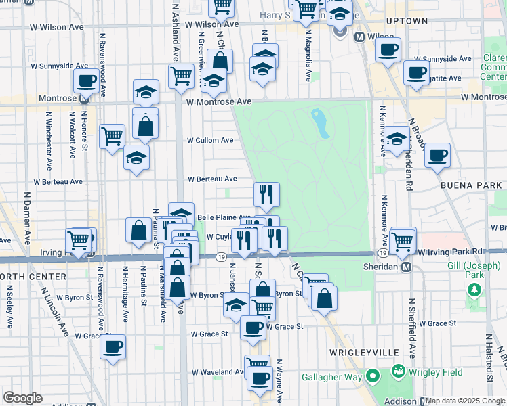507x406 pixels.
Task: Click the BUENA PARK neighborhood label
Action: pyautogui.click(x=470, y=185)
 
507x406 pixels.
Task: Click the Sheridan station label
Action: pyautogui.click(x=384, y=267)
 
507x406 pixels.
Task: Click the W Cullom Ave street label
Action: pyautogui.click(x=210, y=140)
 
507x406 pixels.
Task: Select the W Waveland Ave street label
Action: pyautogui.click(x=217, y=371)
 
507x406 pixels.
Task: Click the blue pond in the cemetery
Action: pyautogui.click(x=319, y=122)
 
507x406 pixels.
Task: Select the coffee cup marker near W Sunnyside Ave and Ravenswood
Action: pyautogui.click(x=86, y=81)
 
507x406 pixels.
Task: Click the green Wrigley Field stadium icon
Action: pyautogui.click(x=398, y=371)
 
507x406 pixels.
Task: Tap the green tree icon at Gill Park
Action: pyautogui.click(x=473, y=290)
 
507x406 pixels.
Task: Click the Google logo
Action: pyautogui.click(x=22, y=398)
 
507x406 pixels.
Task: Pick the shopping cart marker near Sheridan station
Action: pyautogui.click(x=403, y=240)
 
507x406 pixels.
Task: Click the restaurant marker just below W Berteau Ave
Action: pyautogui.click(x=266, y=194)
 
